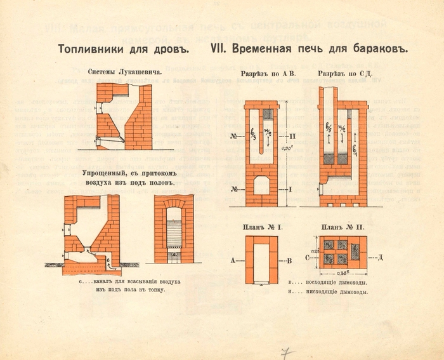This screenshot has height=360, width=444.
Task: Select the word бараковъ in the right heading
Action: pyautogui.click(x=376, y=49)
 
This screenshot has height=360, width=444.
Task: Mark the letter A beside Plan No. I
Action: pyautogui.click(x=234, y=260)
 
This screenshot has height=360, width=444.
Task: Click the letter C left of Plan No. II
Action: pyautogui.click(x=308, y=258)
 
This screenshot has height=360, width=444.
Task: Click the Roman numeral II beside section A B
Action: pyautogui.click(x=292, y=137)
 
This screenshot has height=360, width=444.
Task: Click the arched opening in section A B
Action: pyautogui.click(x=261, y=185)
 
